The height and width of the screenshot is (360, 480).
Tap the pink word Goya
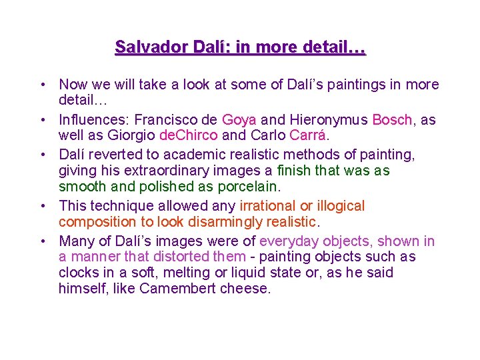tap(239, 120)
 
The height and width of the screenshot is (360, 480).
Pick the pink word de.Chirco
tap(189, 136)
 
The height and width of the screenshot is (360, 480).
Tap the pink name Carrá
tap(308, 136)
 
